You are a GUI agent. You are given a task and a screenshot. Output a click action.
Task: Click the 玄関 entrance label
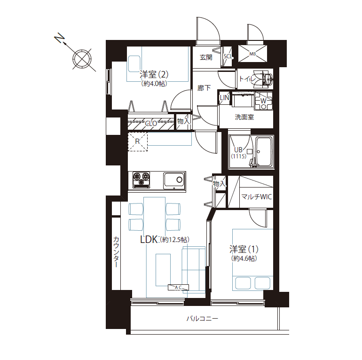pyautogui.click(x=206, y=57)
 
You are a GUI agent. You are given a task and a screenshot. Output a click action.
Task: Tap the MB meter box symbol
pyautogui.click(x=252, y=54)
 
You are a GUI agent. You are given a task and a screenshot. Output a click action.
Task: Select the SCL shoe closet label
pyautogui.click(x=228, y=56)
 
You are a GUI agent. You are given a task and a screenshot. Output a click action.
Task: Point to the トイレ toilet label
pyautogui.click(x=247, y=79)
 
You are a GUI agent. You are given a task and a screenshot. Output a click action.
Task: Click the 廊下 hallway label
pyautogui.click(x=204, y=88)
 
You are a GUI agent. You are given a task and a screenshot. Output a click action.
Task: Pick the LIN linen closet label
pyautogui.click(x=224, y=98)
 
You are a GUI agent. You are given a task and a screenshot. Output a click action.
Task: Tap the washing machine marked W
pyautogui.click(x=263, y=101)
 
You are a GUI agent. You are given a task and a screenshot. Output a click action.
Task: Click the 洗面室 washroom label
pyautogui.click(x=244, y=117)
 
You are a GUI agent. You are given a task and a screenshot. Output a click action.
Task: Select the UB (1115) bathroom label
pyautogui.click(x=239, y=153)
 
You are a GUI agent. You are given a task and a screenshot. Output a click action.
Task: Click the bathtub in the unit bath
pyautogui.click(x=264, y=152)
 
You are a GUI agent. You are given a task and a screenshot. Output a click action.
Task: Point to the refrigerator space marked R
pyautogui.click(x=138, y=141)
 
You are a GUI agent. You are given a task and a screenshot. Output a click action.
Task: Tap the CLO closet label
pyautogui.click(x=151, y=124)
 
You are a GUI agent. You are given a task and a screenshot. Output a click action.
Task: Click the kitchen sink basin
pyautogui.click(x=174, y=180)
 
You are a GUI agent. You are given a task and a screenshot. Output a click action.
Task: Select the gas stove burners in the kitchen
pyautogui.click(x=142, y=179)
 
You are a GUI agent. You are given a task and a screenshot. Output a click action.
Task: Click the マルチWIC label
pyautogui.click(x=257, y=197)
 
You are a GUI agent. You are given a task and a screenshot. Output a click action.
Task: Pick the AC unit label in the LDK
pyautogui.click(x=178, y=287)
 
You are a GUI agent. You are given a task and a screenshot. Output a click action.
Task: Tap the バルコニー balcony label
pyautogui.click(x=202, y=319)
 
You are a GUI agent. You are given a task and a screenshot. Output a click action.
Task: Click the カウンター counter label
pyautogui.click(x=116, y=251)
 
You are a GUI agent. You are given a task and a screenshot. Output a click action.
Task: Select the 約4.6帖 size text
pyautogui.click(x=244, y=258)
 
